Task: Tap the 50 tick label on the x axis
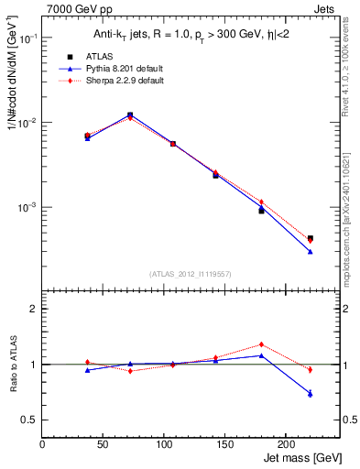(x=82, y=444)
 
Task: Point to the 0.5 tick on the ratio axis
(x=30, y=420)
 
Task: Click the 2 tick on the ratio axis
(x=33, y=309)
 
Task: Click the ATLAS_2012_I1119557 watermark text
(x=191, y=274)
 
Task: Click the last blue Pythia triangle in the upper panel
(x=310, y=251)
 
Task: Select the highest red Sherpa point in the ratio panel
(x=261, y=344)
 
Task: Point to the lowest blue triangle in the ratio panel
(x=310, y=393)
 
